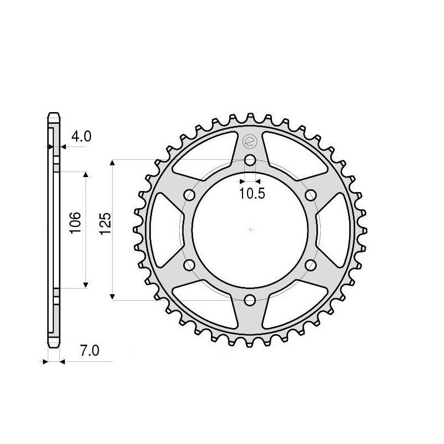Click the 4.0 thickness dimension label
pos(81,137)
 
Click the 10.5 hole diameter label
pos(253,194)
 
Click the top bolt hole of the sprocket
pos(250,161)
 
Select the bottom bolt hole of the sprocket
pos(250,300)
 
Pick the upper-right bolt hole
pos(311,195)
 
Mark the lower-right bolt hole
pos(311,265)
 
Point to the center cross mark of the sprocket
pos(250,230)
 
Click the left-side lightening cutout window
pos(162,230)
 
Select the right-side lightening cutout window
pos(339,230)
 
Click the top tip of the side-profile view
pos(53,114)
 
